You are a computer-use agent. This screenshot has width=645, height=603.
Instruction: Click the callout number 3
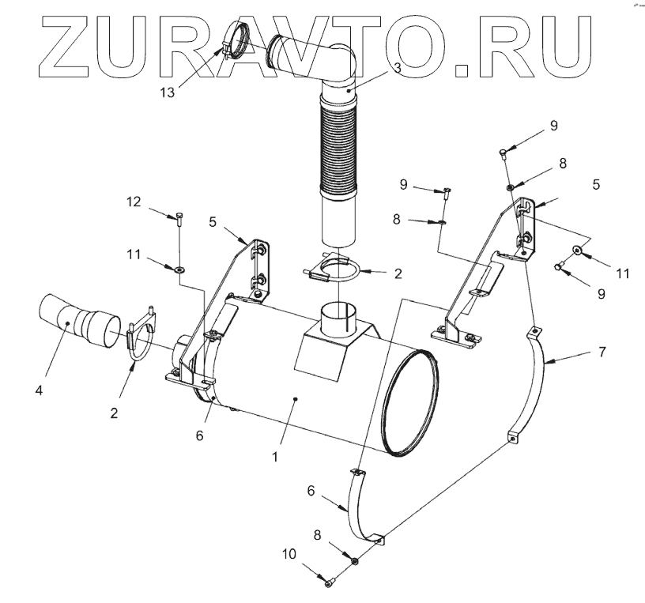[x=397, y=69]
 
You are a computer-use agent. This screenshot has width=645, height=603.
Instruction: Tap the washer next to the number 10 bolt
[x=354, y=560]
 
